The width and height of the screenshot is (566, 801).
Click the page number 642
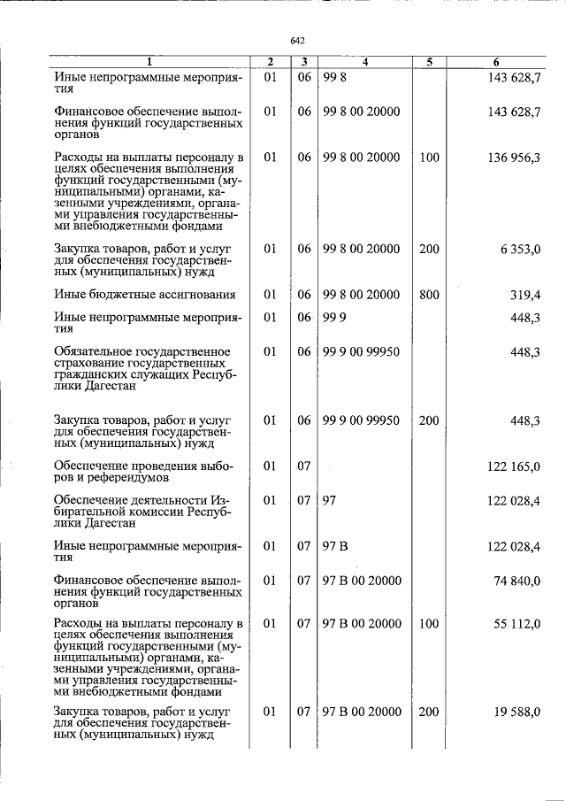coord(297,41)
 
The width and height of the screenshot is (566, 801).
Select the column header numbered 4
coord(364,62)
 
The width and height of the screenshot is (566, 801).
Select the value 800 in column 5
coord(429,295)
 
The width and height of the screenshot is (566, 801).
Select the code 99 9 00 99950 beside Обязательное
coord(361,352)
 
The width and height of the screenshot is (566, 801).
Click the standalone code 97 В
coord(336,546)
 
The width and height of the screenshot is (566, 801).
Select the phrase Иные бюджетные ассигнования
coord(144,295)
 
